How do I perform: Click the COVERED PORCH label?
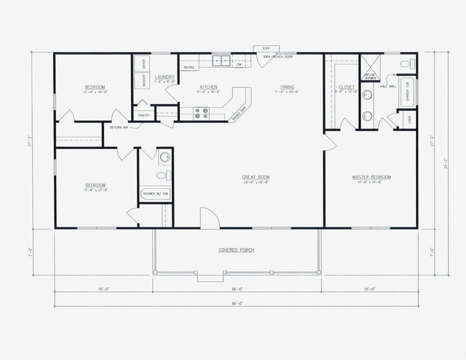236,250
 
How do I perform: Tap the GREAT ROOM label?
256,177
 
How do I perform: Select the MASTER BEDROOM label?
371,177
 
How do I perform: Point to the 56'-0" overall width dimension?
236,303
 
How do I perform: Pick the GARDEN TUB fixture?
408,93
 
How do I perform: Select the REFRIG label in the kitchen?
189,68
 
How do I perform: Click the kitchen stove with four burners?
201,112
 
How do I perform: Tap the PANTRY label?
144,115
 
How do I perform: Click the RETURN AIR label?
119,126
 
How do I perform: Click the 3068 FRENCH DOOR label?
277,57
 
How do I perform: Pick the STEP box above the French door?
266,49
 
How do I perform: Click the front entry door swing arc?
210,217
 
